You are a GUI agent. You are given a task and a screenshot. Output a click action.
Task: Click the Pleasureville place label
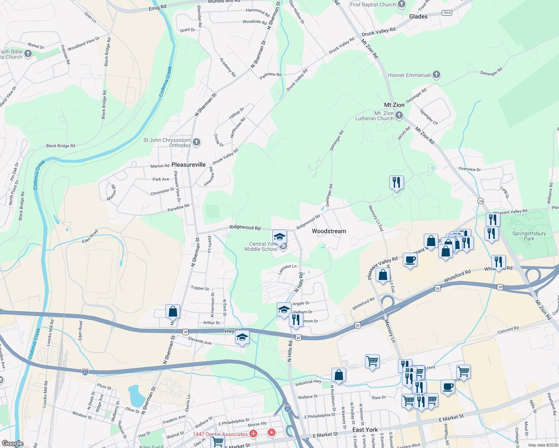[x=188, y=165]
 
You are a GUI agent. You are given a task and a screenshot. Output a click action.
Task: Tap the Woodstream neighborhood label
[x=329, y=231]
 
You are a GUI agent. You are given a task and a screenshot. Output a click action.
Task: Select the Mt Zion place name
[x=394, y=105]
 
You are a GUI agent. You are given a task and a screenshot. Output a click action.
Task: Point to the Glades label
[x=418, y=16]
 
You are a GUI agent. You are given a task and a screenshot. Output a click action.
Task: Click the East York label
[x=365, y=430]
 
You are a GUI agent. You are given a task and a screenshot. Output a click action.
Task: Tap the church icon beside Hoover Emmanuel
[x=436, y=75]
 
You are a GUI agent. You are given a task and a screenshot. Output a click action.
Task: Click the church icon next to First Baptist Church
[x=402, y=4]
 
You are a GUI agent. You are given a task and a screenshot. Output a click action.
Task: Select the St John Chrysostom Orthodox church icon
[x=197, y=142]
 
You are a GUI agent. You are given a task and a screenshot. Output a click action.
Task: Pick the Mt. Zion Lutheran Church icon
[x=399, y=115]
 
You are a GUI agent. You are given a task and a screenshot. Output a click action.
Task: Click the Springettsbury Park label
[x=529, y=236]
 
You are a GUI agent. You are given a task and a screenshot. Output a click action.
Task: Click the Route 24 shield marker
[x=481, y=201]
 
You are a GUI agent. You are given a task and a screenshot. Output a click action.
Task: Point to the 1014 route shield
[x=447, y=13]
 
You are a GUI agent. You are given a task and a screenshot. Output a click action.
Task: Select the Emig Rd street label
[x=157, y=7]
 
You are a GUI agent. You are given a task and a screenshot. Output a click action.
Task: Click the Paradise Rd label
[x=178, y=208]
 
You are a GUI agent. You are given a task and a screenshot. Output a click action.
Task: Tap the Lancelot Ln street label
[x=287, y=269]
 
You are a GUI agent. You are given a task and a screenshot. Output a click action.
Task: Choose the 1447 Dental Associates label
[x=220, y=434]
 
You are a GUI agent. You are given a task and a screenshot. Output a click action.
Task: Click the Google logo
[x=12, y=444]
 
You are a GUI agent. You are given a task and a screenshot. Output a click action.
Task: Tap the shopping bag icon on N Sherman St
[x=173, y=311]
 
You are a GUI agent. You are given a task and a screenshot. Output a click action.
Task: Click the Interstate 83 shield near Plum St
[x=85, y=372]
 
